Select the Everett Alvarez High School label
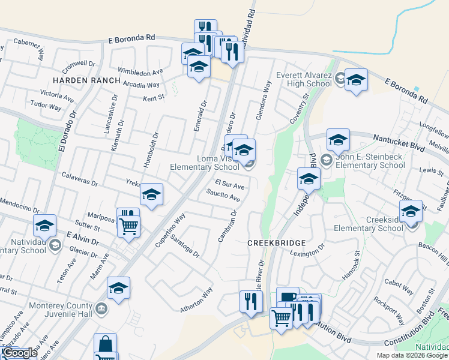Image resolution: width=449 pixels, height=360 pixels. (304, 79)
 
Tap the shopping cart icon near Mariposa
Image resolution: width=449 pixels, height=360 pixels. (128, 227)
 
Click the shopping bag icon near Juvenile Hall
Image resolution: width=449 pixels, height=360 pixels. (105, 344)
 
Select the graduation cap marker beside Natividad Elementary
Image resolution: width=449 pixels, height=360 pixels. (45, 226)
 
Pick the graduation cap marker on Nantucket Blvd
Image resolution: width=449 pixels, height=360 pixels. (338, 140)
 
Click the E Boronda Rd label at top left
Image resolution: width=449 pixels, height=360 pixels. (131, 38)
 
